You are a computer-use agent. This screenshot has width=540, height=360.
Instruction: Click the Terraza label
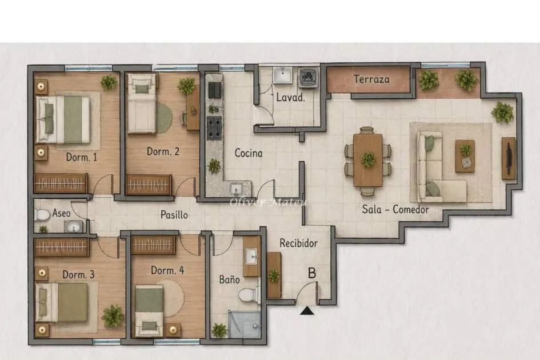point(371,79)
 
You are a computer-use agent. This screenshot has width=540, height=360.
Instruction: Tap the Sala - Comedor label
point(395,209)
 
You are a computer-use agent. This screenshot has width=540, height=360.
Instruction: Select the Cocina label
point(249,153)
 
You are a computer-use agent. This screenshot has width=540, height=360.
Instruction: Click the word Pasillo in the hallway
point(174,215)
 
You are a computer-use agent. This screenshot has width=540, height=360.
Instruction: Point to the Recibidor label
point(299,243)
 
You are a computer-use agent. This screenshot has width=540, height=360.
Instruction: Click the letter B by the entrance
point(311,273)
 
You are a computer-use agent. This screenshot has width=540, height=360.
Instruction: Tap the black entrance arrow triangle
point(307,311)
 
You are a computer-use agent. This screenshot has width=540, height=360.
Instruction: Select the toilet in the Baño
point(249,294)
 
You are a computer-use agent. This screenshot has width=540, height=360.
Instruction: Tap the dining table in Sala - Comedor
point(368,160)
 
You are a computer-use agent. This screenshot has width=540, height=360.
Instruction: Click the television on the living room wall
point(509,158)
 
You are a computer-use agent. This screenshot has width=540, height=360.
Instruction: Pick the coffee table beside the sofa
point(465,156)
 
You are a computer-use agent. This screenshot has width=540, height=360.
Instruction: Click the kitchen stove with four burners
point(214,128)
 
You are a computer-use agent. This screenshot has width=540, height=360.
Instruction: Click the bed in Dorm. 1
point(63,119)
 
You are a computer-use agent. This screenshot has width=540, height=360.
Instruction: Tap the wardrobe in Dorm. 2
point(149,185)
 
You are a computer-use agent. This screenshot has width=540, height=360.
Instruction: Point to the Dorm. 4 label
point(167,270)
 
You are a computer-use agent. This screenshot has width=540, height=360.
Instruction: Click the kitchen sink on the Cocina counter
point(236,190)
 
